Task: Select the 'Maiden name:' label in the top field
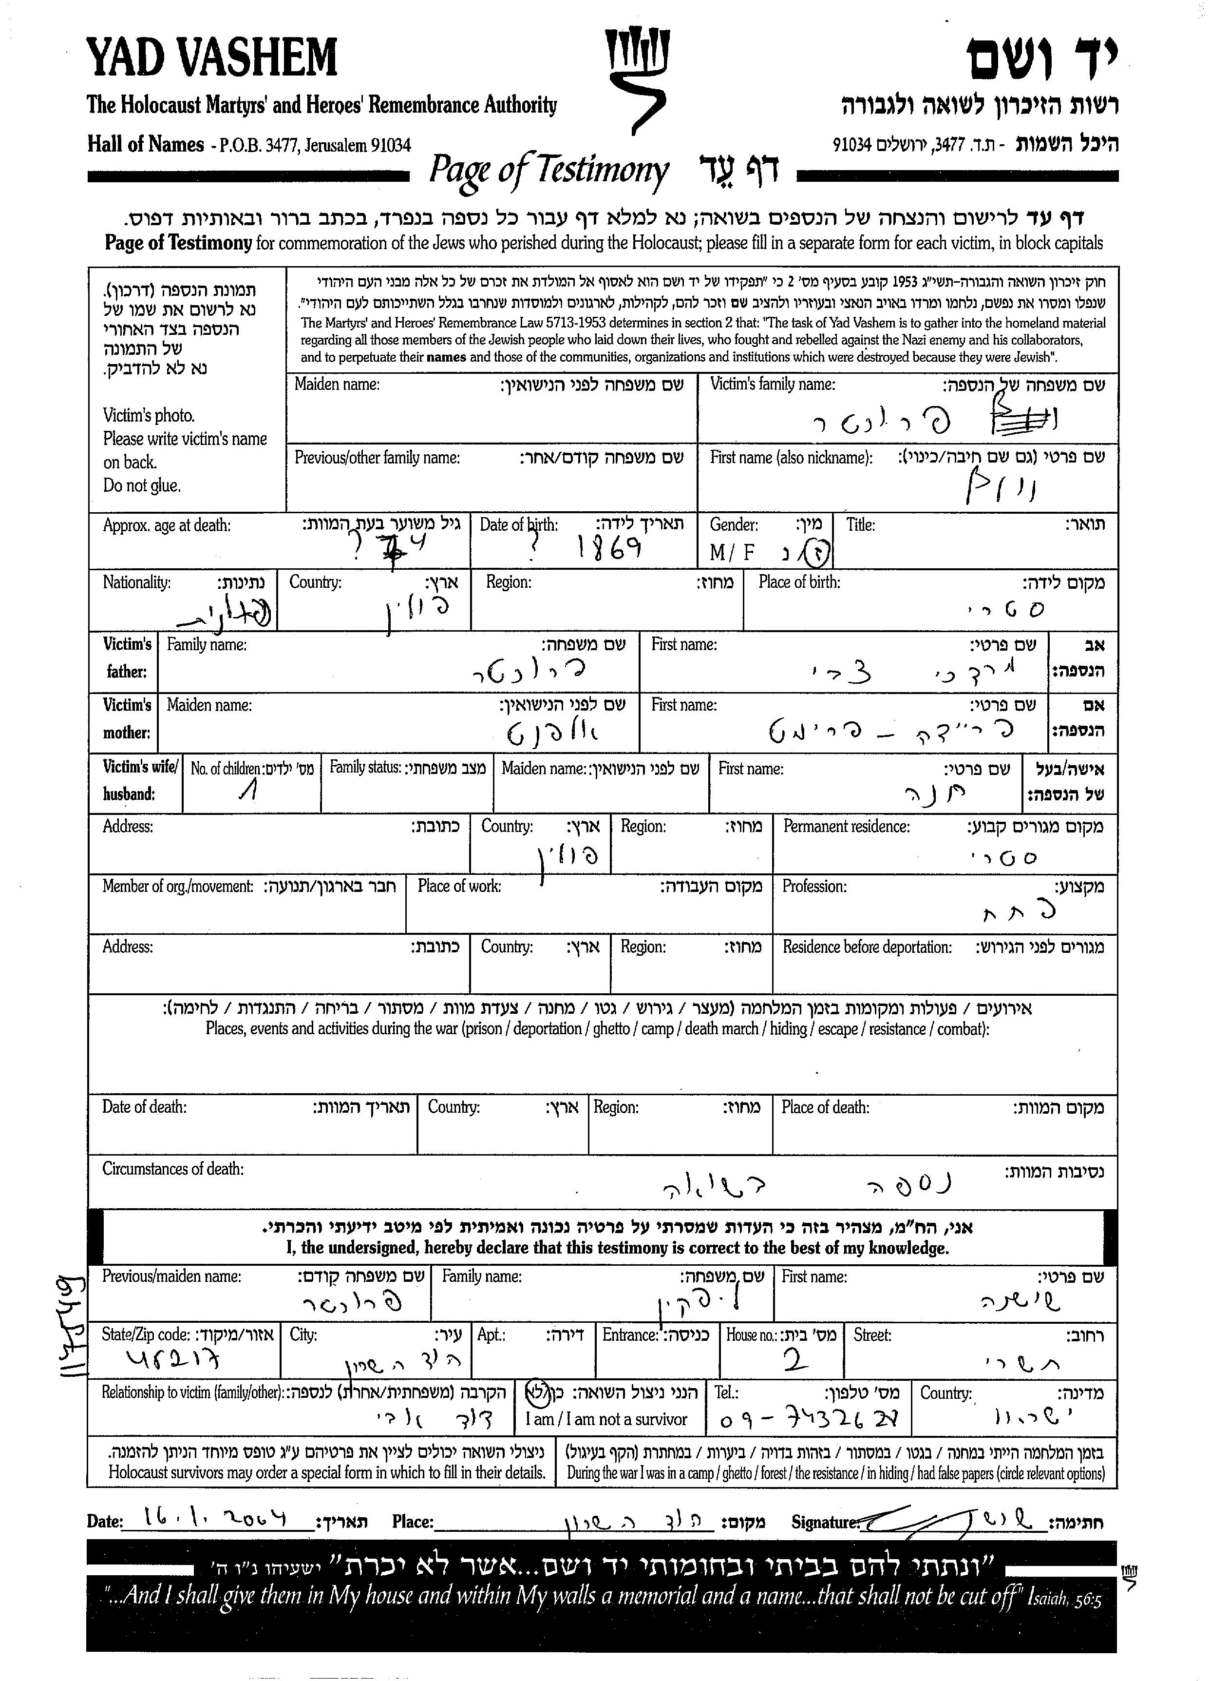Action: click(337, 385)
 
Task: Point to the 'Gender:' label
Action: click(734, 525)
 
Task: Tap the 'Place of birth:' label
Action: click(799, 582)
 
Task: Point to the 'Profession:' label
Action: click(814, 887)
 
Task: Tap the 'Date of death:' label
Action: click(145, 1106)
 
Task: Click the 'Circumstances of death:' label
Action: click(172, 1169)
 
